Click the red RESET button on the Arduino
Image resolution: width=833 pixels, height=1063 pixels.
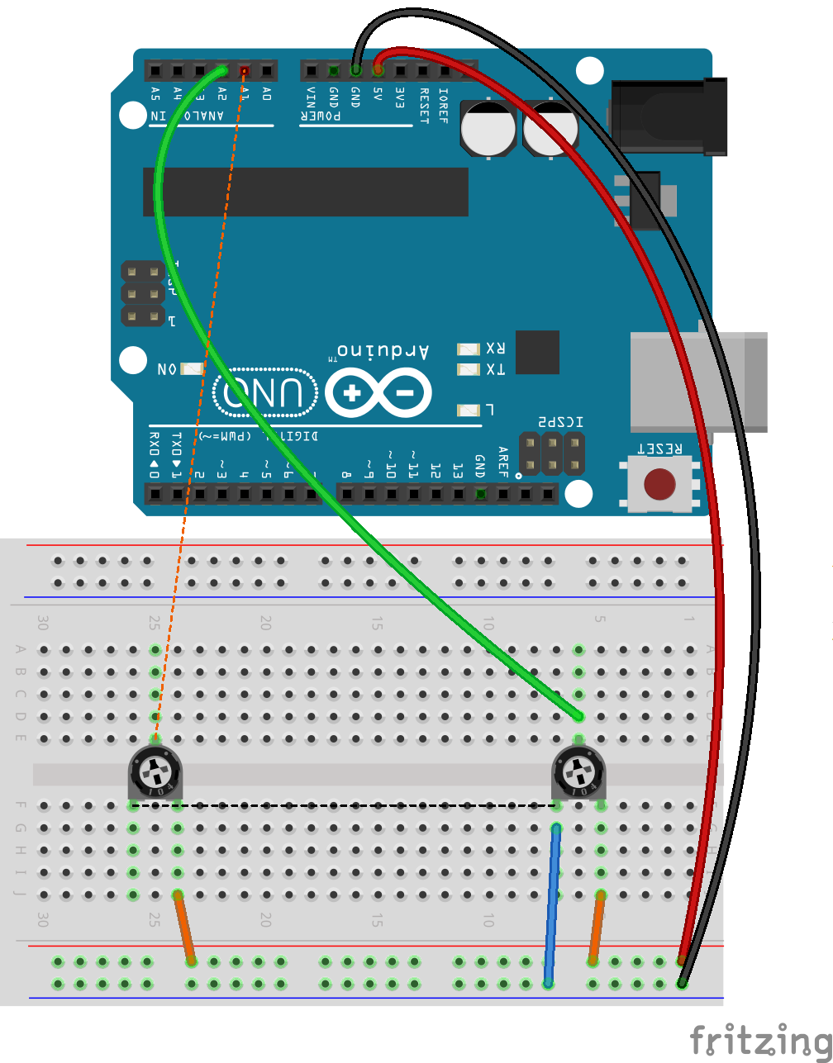[659, 485]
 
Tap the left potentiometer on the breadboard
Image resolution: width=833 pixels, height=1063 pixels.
[155, 773]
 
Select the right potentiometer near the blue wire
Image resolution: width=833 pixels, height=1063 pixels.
[578, 773]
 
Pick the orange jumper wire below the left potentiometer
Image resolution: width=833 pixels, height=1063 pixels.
[184, 928]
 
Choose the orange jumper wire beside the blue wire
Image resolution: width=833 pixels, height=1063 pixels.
[597, 928]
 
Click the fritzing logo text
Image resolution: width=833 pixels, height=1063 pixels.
[759, 1040]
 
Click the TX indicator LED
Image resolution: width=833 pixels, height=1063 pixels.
[469, 369]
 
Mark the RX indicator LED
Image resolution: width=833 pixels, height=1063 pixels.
[469, 349]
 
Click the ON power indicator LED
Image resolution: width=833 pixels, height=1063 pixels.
[192, 369]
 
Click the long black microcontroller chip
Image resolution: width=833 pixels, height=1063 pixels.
[306, 192]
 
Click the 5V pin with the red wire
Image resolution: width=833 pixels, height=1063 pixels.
[378, 71]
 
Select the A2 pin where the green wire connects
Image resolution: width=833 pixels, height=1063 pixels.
[222, 71]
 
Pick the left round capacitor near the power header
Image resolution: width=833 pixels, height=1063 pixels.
[488, 128]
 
